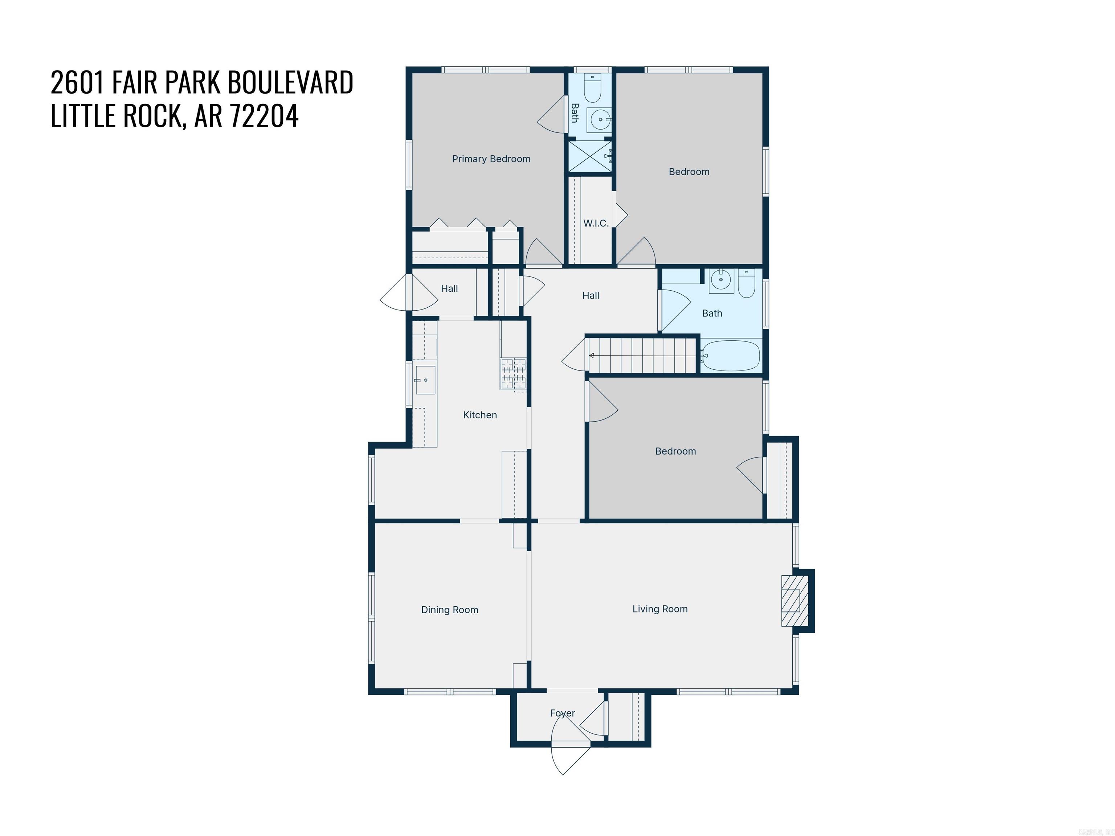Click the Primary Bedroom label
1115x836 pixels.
click(491, 159)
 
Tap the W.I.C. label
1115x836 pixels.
click(596, 223)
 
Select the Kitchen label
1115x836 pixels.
click(480, 415)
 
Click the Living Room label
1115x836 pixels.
click(660, 609)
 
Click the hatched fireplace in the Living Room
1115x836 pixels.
click(791, 601)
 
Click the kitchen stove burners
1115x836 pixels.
click(513, 374)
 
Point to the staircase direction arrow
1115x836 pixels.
click(592, 356)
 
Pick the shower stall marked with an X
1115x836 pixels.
click(590, 156)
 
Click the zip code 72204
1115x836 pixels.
click(264, 115)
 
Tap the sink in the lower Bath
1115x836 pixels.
click(721, 280)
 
